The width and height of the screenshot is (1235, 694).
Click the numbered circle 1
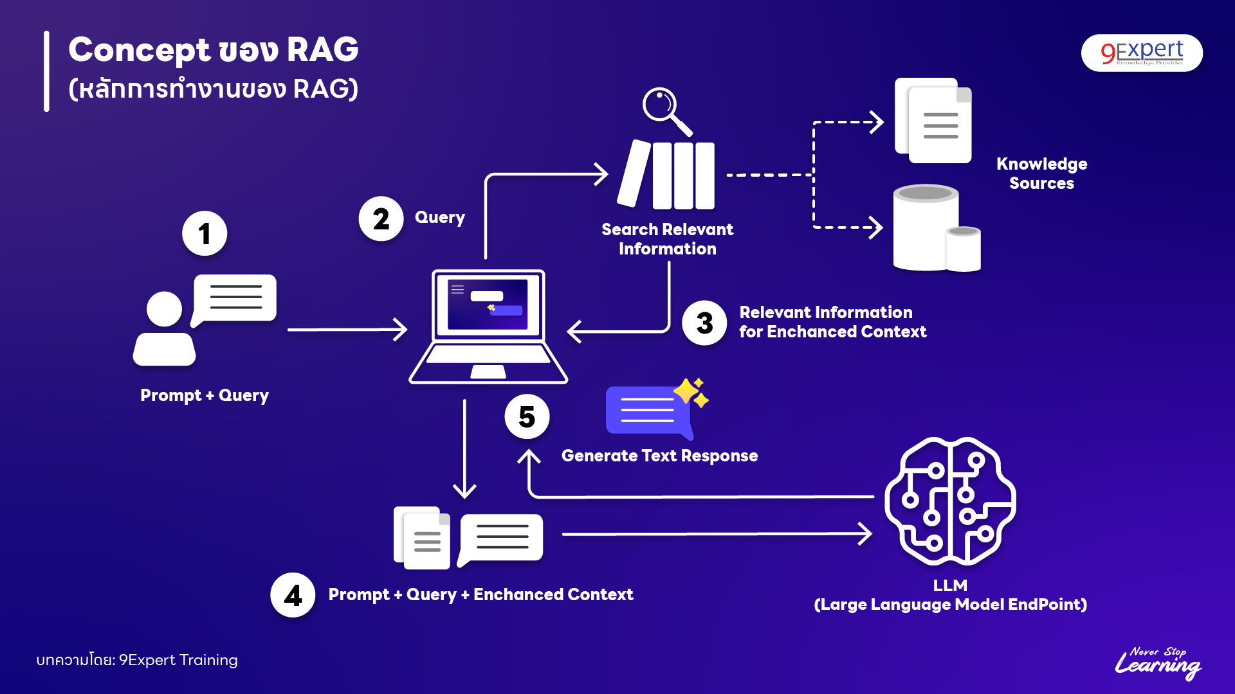(x=205, y=234)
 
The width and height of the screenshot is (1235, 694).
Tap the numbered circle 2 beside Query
(x=381, y=218)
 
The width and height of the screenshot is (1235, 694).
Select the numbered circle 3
(x=704, y=323)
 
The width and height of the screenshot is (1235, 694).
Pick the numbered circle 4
(x=293, y=595)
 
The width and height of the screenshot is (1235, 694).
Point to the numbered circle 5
(x=527, y=416)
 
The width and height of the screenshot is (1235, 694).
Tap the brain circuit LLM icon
(x=950, y=501)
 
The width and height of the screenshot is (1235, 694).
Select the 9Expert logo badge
(x=1142, y=53)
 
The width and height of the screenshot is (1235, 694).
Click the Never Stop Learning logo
(x=1158, y=663)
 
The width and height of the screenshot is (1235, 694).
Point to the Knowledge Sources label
(x=1041, y=173)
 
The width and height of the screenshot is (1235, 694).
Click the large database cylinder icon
(x=926, y=228)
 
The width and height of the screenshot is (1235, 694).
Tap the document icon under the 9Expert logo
(x=934, y=121)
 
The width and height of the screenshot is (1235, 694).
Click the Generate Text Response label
(x=659, y=456)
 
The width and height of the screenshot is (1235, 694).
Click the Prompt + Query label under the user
(x=205, y=395)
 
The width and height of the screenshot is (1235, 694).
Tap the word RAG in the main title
(x=322, y=49)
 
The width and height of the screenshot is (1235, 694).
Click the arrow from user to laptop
(x=347, y=330)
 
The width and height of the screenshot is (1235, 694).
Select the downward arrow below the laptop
(x=464, y=450)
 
